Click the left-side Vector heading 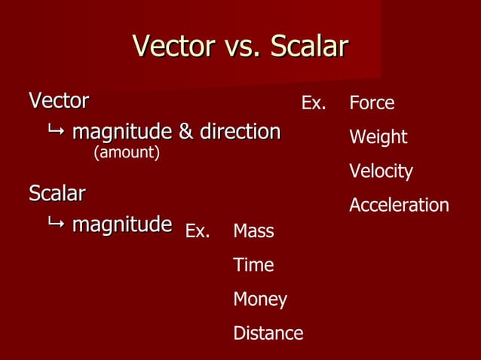(x=58, y=100)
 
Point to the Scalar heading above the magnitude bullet (x=57, y=194)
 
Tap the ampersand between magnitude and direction (x=185, y=133)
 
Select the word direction (x=239, y=133)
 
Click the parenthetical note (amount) (x=126, y=153)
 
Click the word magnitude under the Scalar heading (x=121, y=225)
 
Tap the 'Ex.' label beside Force (x=314, y=103)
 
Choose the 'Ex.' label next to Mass (x=198, y=231)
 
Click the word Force (x=372, y=103)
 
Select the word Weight (x=378, y=137)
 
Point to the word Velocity (x=381, y=172)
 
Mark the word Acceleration (x=399, y=206)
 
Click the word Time (x=253, y=265)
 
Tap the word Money (x=260, y=300)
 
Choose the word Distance (x=268, y=333)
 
